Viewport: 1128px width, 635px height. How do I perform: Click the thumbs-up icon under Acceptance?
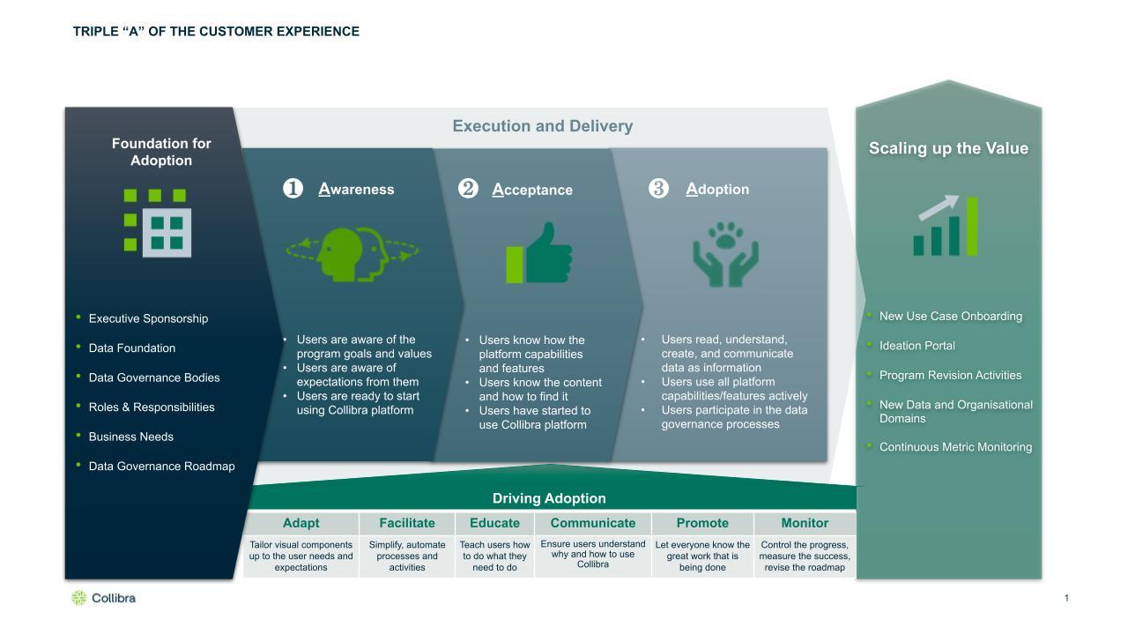[538, 253]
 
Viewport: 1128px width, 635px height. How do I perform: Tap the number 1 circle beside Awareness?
[293, 189]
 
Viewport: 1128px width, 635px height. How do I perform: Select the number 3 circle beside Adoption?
[658, 189]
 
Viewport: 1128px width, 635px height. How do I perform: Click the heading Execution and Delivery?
[542, 126]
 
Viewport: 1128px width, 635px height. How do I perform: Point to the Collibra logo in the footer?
[103, 598]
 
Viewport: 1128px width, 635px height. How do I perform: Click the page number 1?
[1066, 598]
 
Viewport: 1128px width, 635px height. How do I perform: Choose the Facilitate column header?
[407, 523]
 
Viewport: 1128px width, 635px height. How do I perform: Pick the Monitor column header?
[805, 523]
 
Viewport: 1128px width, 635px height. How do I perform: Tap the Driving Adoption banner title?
[549, 498]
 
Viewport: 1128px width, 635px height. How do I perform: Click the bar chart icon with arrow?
[946, 226]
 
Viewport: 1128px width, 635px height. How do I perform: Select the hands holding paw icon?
[725, 254]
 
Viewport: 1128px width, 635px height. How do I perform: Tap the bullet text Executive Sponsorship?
[148, 318]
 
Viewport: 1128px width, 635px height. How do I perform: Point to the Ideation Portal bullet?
[916, 346]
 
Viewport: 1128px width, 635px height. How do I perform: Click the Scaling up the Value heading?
[948, 148]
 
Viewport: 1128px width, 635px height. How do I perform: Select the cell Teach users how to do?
[494, 557]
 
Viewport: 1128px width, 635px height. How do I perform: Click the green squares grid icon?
[158, 223]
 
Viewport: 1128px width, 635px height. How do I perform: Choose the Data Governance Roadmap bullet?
[161, 467]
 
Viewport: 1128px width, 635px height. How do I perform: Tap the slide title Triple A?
[216, 32]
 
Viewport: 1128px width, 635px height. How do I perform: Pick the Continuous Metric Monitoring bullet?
[955, 447]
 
